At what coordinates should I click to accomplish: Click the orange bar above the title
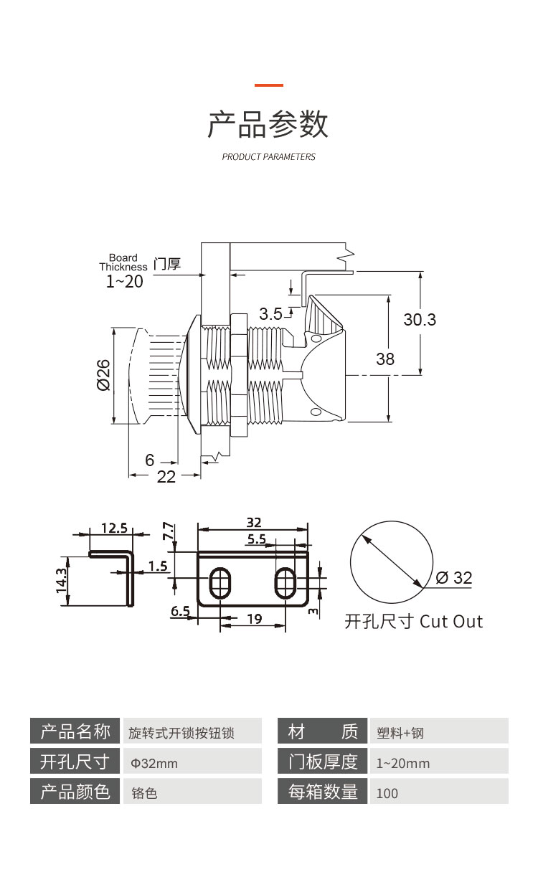click(269, 85)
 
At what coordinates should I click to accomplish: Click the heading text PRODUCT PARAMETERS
click(269, 157)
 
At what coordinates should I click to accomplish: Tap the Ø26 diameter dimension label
click(103, 375)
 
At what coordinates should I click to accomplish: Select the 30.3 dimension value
click(420, 320)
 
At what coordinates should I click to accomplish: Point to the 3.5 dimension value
click(271, 313)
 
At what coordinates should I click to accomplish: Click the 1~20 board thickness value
click(125, 282)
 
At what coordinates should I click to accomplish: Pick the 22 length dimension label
click(166, 477)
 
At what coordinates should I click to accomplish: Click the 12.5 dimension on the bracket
click(114, 528)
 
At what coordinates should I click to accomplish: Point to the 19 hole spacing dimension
click(253, 619)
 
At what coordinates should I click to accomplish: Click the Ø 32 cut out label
click(454, 578)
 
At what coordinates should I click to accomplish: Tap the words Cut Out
click(451, 622)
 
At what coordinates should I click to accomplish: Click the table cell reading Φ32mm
click(154, 764)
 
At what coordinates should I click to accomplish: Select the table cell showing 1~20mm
click(403, 764)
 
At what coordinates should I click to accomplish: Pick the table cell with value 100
click(387, 793)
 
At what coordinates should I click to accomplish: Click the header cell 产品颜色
click(75, 792)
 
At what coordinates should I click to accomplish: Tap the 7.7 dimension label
click(169, 531)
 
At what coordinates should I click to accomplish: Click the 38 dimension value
click(385, 359)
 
